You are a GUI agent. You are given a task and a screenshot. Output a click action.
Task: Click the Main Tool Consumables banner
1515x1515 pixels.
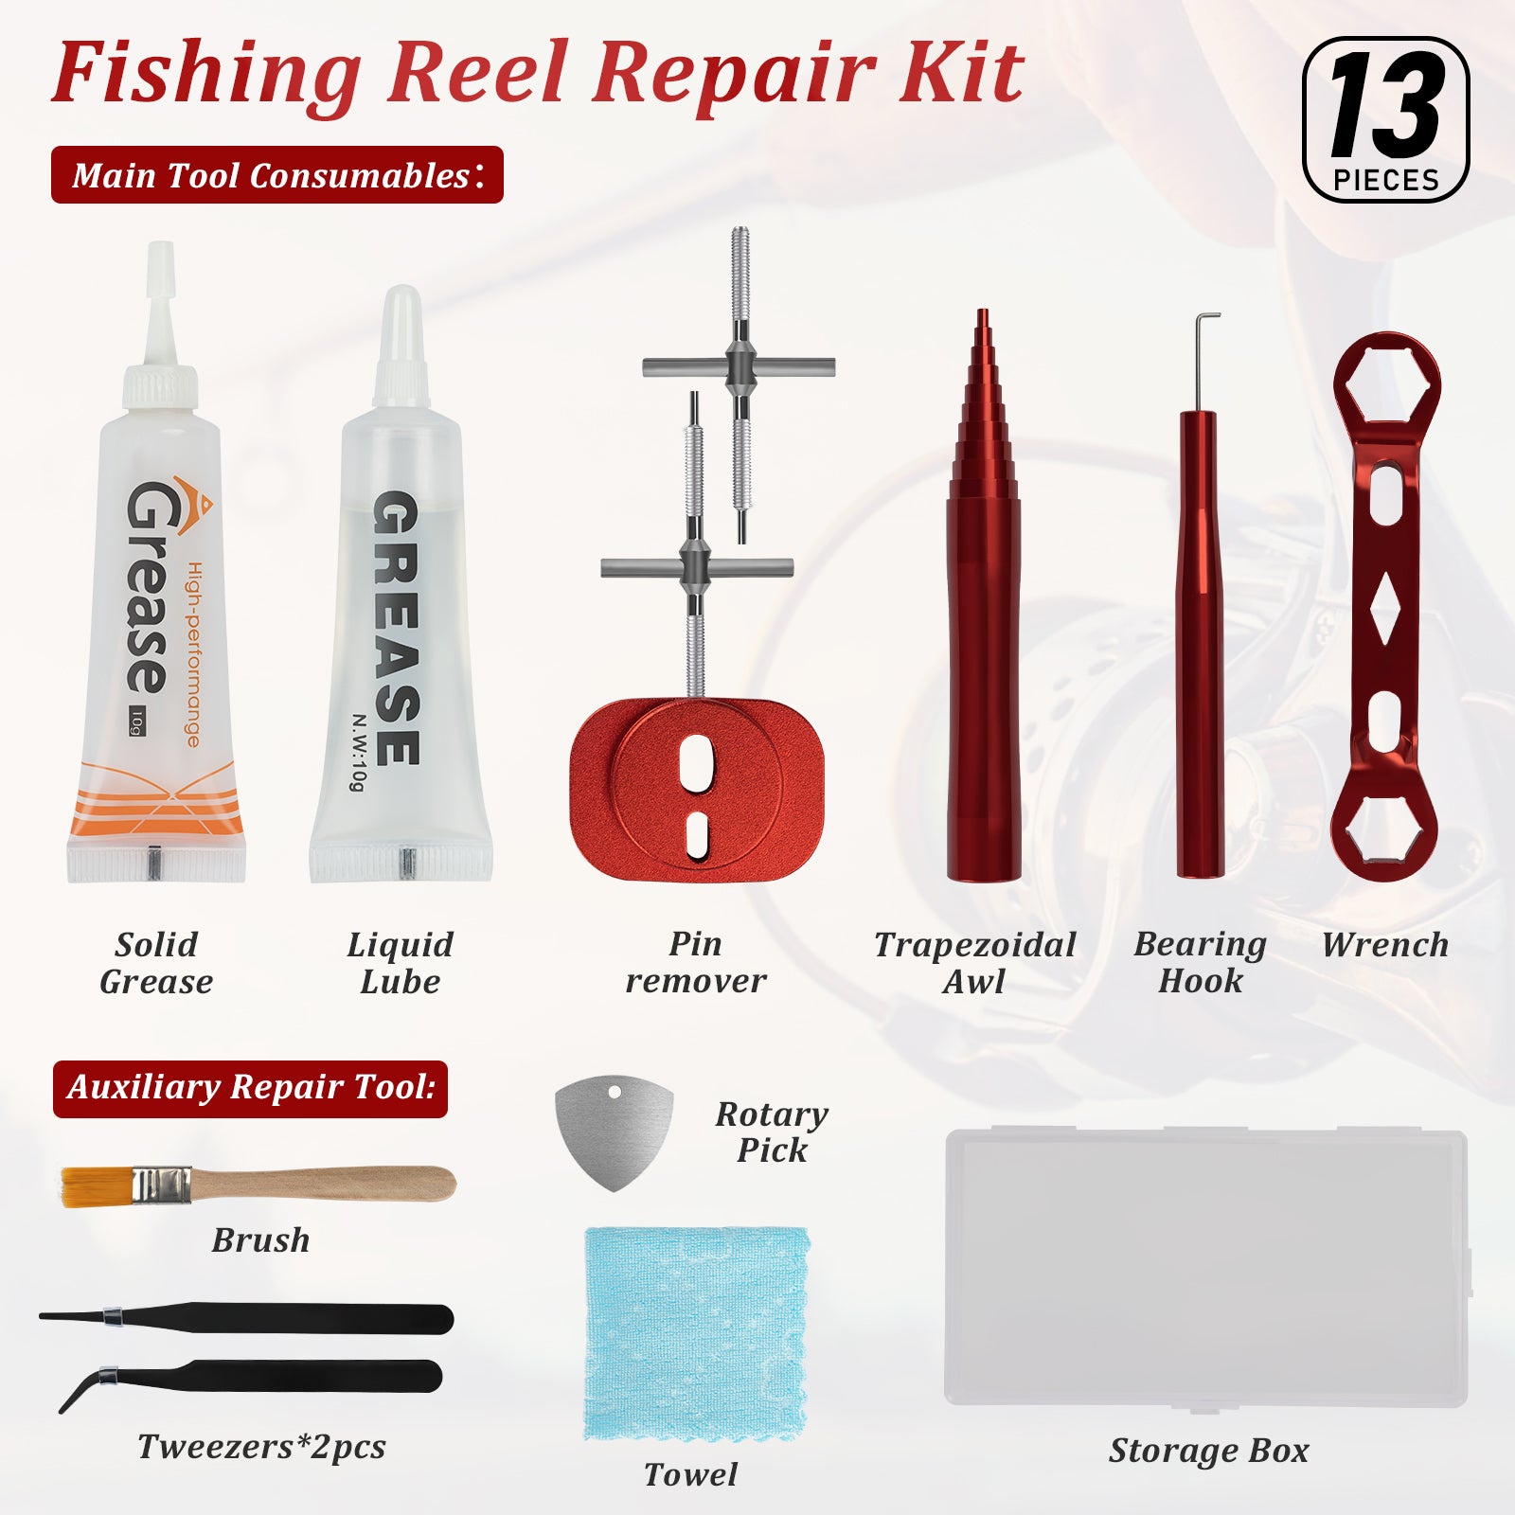coord(277,175)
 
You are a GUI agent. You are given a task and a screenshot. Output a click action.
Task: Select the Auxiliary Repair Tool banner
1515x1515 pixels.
coord(250,1089)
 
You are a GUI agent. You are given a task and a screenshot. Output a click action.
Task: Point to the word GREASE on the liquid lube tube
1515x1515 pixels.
coord(396,628)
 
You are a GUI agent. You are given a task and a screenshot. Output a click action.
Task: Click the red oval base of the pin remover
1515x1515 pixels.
coord(697,792)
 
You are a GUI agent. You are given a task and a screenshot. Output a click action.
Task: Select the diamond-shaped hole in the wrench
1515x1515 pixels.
coord(1385,608)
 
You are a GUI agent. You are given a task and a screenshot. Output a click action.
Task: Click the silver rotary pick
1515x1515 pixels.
coord(615,1132)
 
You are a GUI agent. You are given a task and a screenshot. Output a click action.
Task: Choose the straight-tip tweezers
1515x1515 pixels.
coord(246,1318)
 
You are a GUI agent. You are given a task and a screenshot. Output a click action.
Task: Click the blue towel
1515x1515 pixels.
coord(696,1335)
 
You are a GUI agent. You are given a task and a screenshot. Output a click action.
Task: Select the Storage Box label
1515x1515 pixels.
coord(1209,1451)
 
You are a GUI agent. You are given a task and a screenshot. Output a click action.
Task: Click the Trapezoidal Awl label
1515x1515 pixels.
coord(975,962)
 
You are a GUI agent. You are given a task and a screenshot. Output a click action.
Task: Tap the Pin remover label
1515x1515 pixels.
coord(696,962)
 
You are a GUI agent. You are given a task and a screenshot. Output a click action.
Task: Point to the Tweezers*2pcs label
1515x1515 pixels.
coord(261,1448)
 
